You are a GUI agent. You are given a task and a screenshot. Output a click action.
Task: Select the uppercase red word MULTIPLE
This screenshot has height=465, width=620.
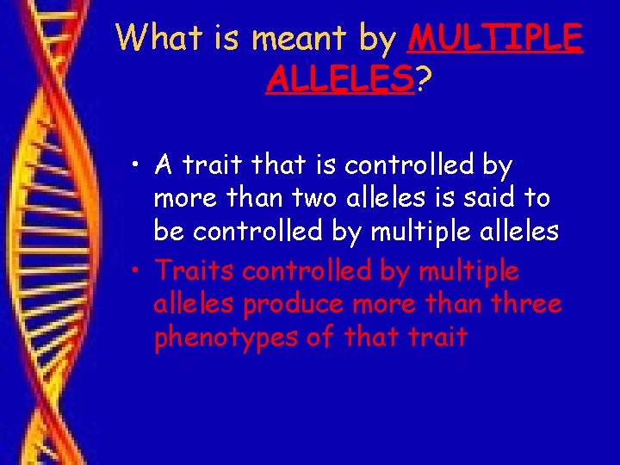[497, 39]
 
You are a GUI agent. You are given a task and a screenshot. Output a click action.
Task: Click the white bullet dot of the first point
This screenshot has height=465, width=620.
[137, 164]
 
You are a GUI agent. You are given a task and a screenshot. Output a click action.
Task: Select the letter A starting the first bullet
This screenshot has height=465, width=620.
[164, 164]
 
